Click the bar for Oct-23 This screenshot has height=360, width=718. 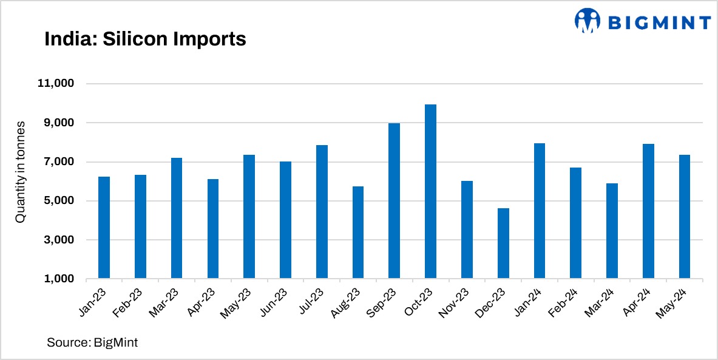tap(430, 192)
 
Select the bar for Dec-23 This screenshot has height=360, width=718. tap(503, 243)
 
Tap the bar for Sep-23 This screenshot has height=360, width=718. tap(394, 201)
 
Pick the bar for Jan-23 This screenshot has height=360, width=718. tap(104, 228)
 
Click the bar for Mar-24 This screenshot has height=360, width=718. tap(612, 231)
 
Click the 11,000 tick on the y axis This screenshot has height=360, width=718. tap(57, 84)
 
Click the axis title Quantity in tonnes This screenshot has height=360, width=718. tap(21, 171)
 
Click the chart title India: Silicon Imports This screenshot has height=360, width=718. tap(145, 39)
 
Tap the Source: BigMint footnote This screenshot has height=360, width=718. tap(92, 342)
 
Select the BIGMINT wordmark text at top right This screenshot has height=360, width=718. tap(659, 22)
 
